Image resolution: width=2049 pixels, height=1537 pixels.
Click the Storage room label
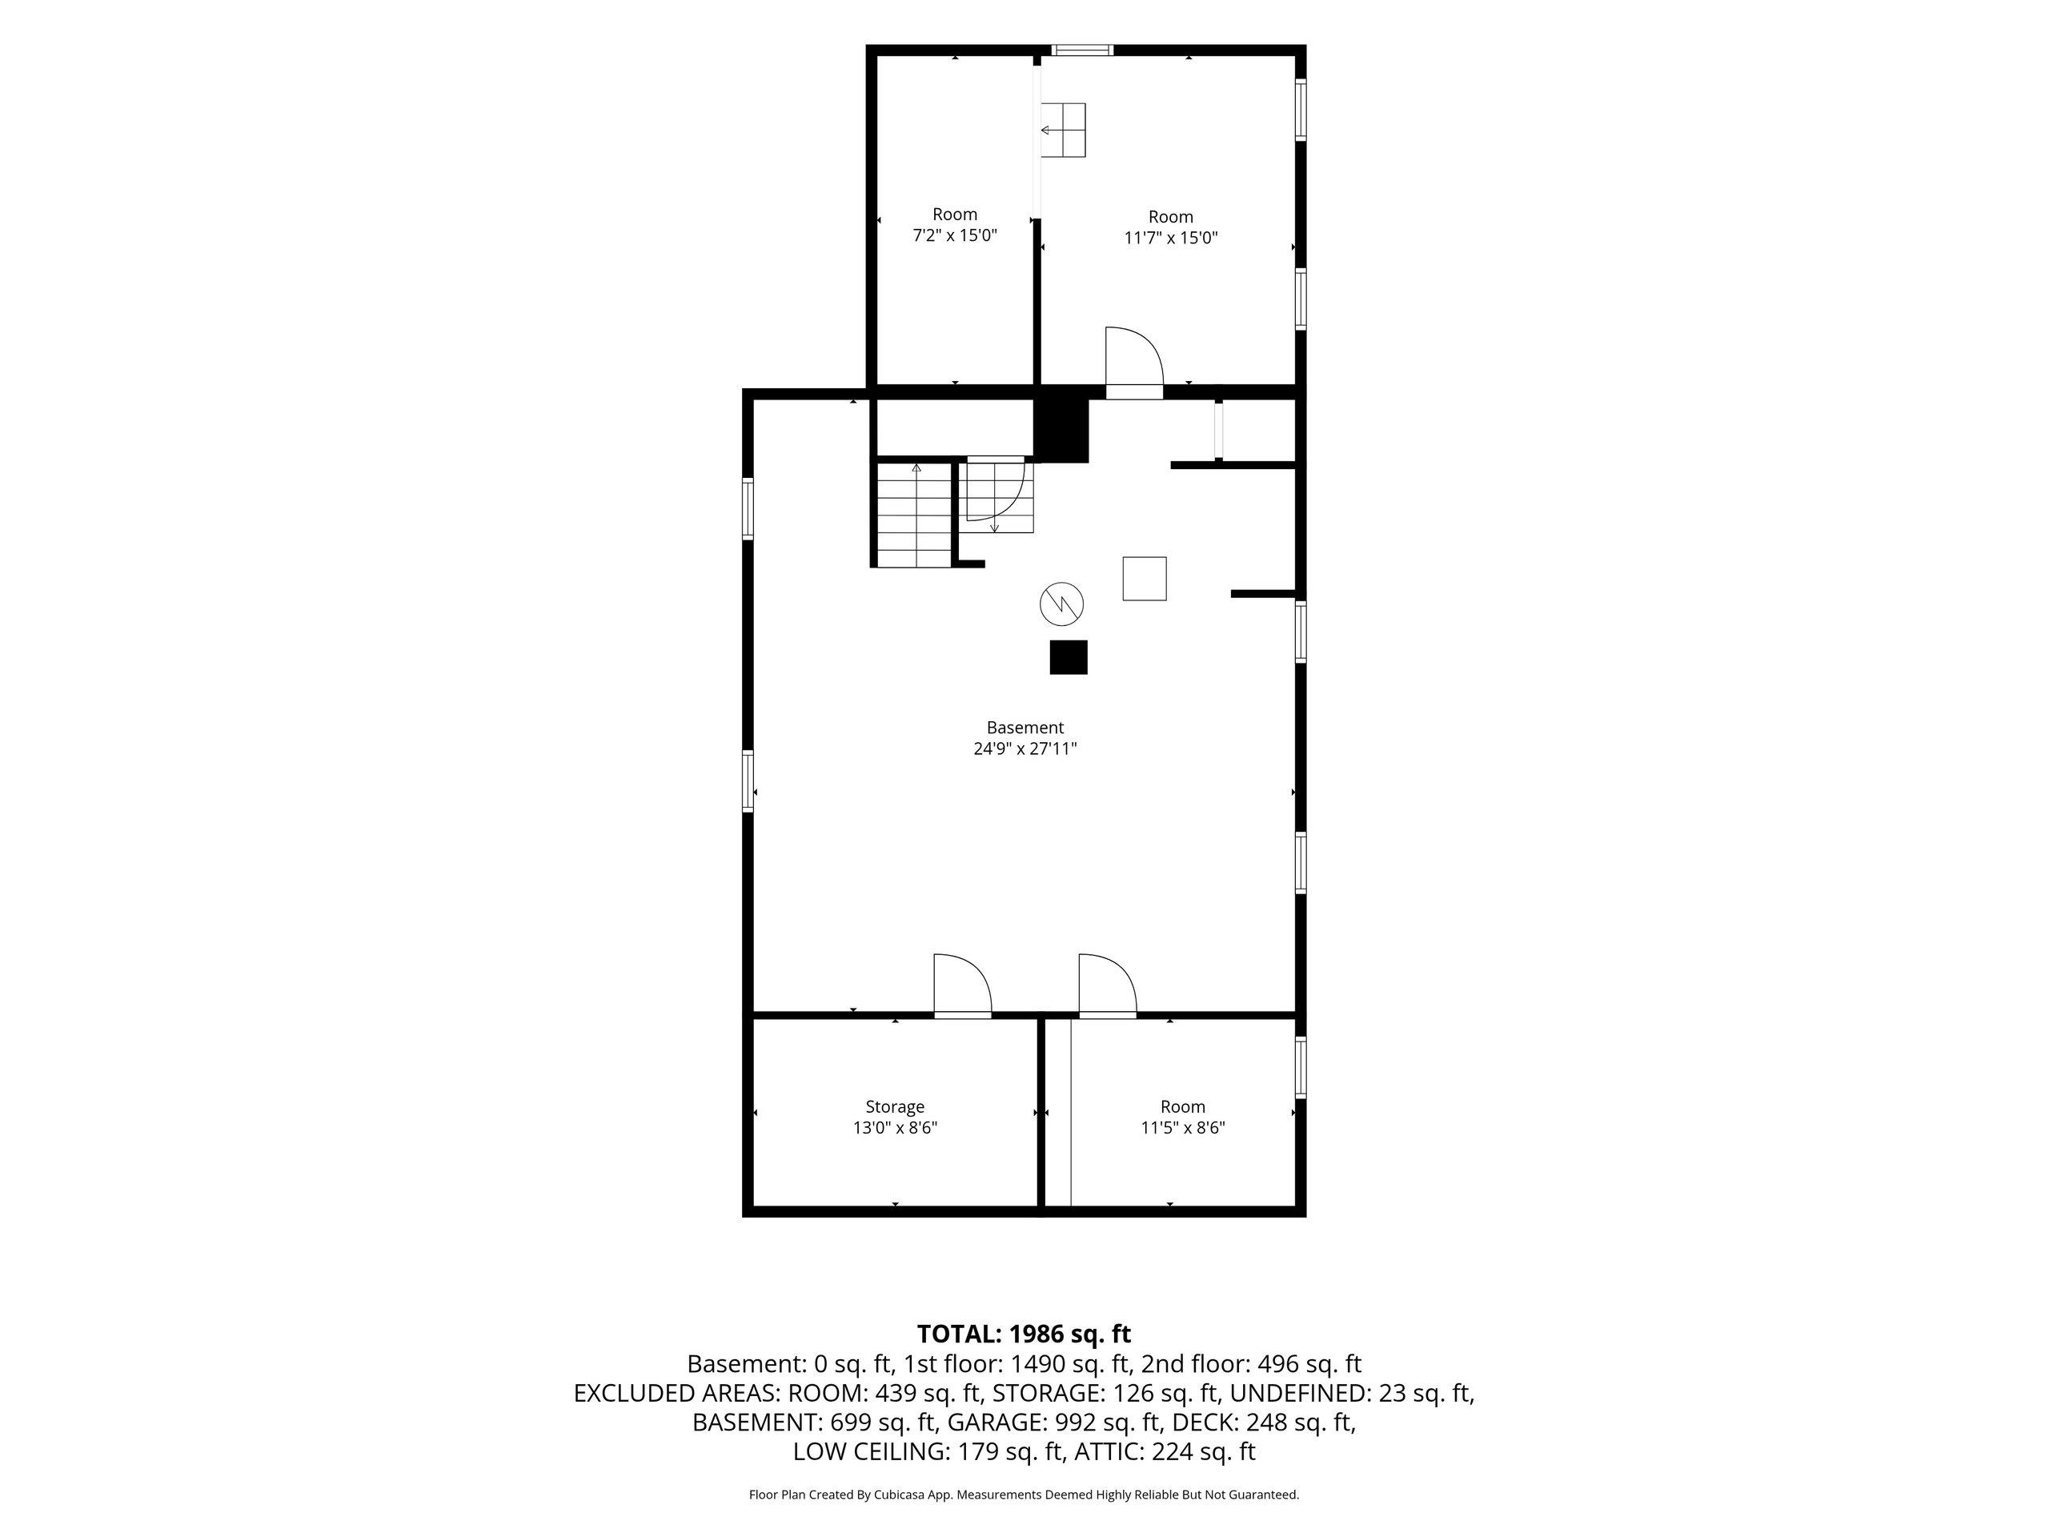click(x=895, y=1106)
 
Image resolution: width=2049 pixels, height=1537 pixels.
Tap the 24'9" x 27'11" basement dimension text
click(x=1024, y=748)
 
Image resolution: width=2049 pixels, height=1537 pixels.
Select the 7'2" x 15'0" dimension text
click(x=955, y=235)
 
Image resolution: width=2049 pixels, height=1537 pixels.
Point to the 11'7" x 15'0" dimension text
click(x=1171, y=238)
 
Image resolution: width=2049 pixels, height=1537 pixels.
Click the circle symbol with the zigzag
click(x=1061, y=604)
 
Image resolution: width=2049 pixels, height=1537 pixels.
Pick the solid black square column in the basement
click(x=1068, y=657)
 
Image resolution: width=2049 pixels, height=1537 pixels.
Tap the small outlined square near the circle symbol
click(x=1144, y=578)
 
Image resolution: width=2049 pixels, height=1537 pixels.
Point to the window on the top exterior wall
click(x=1082, y=50)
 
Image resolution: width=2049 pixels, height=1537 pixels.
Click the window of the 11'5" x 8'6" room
click(x=1301, y=1067)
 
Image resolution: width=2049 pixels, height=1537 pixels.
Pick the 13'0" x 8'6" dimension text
click(x=895, y=1127)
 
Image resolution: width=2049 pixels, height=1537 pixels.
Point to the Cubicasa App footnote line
click(x=1024, y=1495)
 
